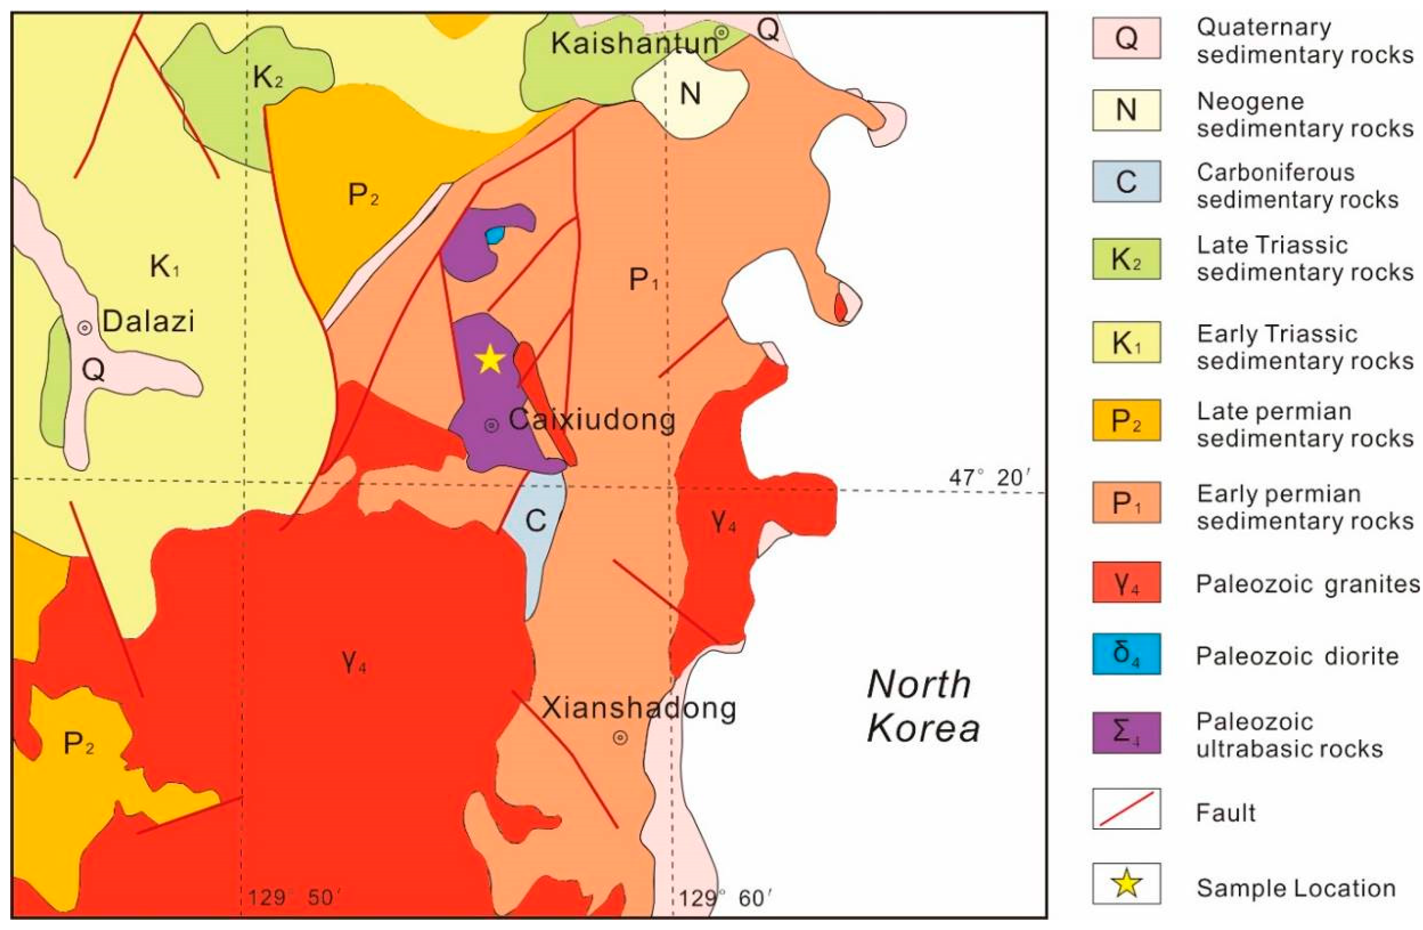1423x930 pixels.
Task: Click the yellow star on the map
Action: (x=490, y=359)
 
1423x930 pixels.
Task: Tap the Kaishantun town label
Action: (x=634, y=43)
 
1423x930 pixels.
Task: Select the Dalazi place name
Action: (x=148, y=322)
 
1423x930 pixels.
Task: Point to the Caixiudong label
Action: (x=592, y=420)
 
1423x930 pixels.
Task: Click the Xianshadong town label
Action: (x=638, y=709)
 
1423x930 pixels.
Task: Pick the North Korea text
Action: (x=923, y=706)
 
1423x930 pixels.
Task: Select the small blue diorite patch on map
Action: (x=494, y=235)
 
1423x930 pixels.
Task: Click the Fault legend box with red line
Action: (x=1126, y=809)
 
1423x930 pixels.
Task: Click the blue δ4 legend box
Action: (x=1126, y=654)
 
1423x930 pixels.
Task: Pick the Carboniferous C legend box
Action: (x=1126, y=181)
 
